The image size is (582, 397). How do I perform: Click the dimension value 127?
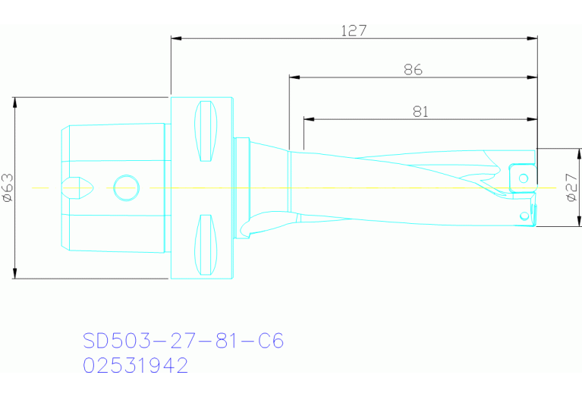pos(354,31)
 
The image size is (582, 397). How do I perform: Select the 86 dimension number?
pos(413,70)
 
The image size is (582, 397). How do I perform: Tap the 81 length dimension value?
pos(421,112)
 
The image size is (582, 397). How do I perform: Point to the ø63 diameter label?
pos(8,187)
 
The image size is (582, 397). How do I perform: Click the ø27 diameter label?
pos(572,187)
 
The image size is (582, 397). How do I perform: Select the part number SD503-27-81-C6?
pos(183,341)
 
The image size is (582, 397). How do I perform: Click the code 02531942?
pos(135,366)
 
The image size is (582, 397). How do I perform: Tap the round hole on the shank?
pos(126,187)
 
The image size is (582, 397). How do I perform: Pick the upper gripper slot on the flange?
pos(206,131)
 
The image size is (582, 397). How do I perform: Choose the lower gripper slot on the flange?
pos(206,244)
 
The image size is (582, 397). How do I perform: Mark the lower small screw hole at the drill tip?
pos(524,216)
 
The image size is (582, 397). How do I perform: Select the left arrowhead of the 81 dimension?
pos(308,118)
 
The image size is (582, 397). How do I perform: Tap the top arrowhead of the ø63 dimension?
pos(14,102)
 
